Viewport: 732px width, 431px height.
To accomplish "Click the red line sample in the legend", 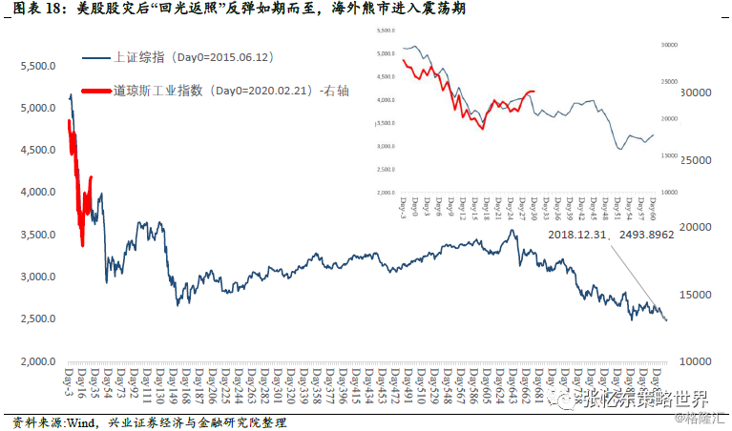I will [96, 92].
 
